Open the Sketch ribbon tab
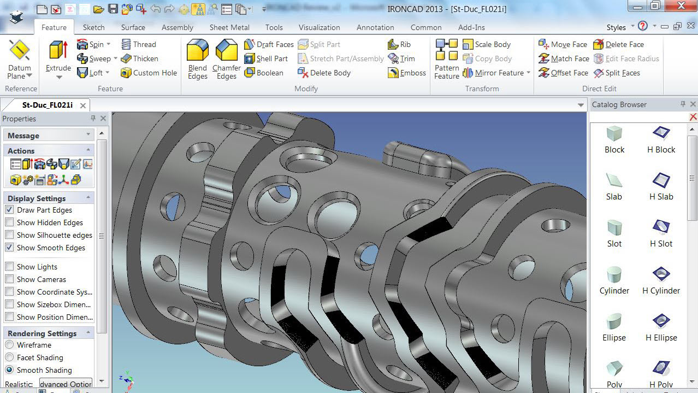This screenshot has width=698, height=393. click(93, 27)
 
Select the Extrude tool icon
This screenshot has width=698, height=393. click(58, 51)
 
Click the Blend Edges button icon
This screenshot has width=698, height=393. click(198, 51)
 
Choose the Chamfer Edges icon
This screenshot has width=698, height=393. click(226, 51)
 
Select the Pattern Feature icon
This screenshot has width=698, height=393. click(447, 50)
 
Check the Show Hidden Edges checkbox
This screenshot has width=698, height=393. click(9, 222)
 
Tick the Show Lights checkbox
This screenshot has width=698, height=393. click(9, 267)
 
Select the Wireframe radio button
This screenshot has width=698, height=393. click(9, 345)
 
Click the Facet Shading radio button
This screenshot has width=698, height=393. click(9, 357)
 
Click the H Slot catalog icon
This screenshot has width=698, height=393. click(661, 227)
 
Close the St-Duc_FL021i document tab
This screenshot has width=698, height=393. click(83, 105)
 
